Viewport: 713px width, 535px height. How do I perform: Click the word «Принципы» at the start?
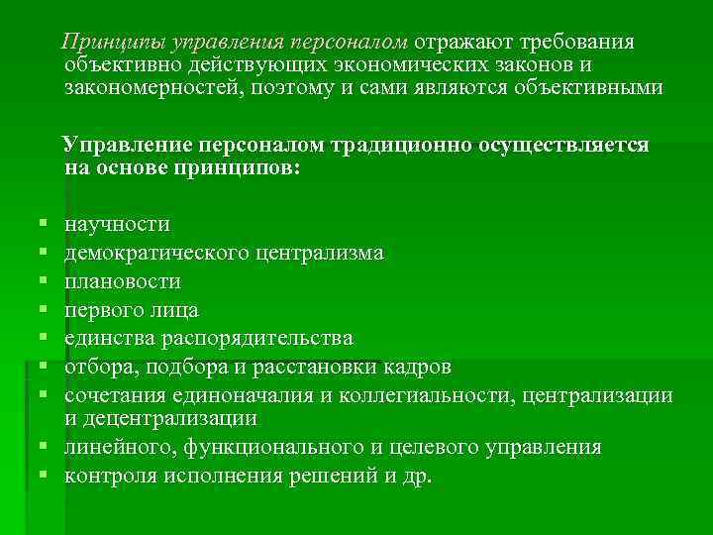[x=112, y=44]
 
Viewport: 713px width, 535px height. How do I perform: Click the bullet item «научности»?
[x=117, y=225]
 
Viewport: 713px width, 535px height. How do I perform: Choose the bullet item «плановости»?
[x=123, y=282]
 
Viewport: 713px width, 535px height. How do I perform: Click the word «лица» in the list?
[x=177, y=310]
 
